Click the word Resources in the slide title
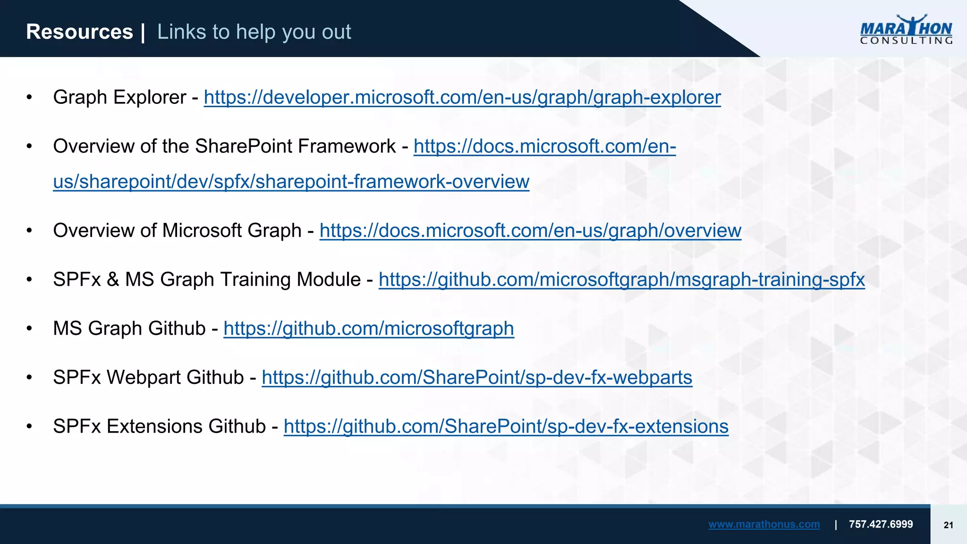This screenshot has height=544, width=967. tap(79, 32)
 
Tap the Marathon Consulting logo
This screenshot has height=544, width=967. tap(906, 30)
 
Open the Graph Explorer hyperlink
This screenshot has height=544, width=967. tap(462, 97)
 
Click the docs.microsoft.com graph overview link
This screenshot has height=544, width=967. tap(530, 230)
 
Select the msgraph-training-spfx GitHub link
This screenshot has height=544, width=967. tap(621, 280)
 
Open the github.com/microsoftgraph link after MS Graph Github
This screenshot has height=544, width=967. tap(368, 329)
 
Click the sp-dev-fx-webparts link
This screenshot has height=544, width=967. tap(477, 377)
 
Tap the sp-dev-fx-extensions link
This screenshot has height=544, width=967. tap(506, 426)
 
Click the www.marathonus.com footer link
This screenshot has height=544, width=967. tap(763, 524)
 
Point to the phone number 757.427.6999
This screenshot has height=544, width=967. tap(881, 524)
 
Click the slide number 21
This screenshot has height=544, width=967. tap(948, 525)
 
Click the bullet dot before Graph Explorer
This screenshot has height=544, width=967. tap(29, 98)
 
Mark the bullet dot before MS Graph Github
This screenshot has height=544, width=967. tap(29, 329)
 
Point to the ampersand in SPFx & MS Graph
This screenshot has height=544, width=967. tap(112, 280)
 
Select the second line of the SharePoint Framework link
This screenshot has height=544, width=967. tap(291, 182)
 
